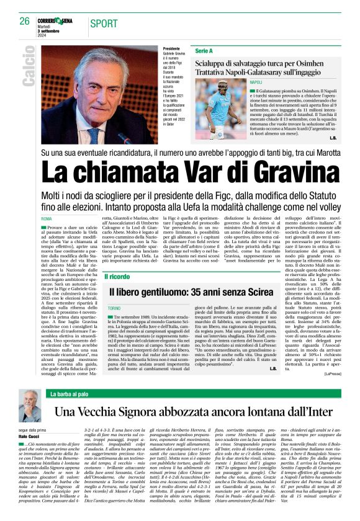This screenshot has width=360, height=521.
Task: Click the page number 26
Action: pos(24,21)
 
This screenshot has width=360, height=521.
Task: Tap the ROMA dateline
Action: pos(46,220)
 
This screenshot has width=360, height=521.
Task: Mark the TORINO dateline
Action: pos(113,307)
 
